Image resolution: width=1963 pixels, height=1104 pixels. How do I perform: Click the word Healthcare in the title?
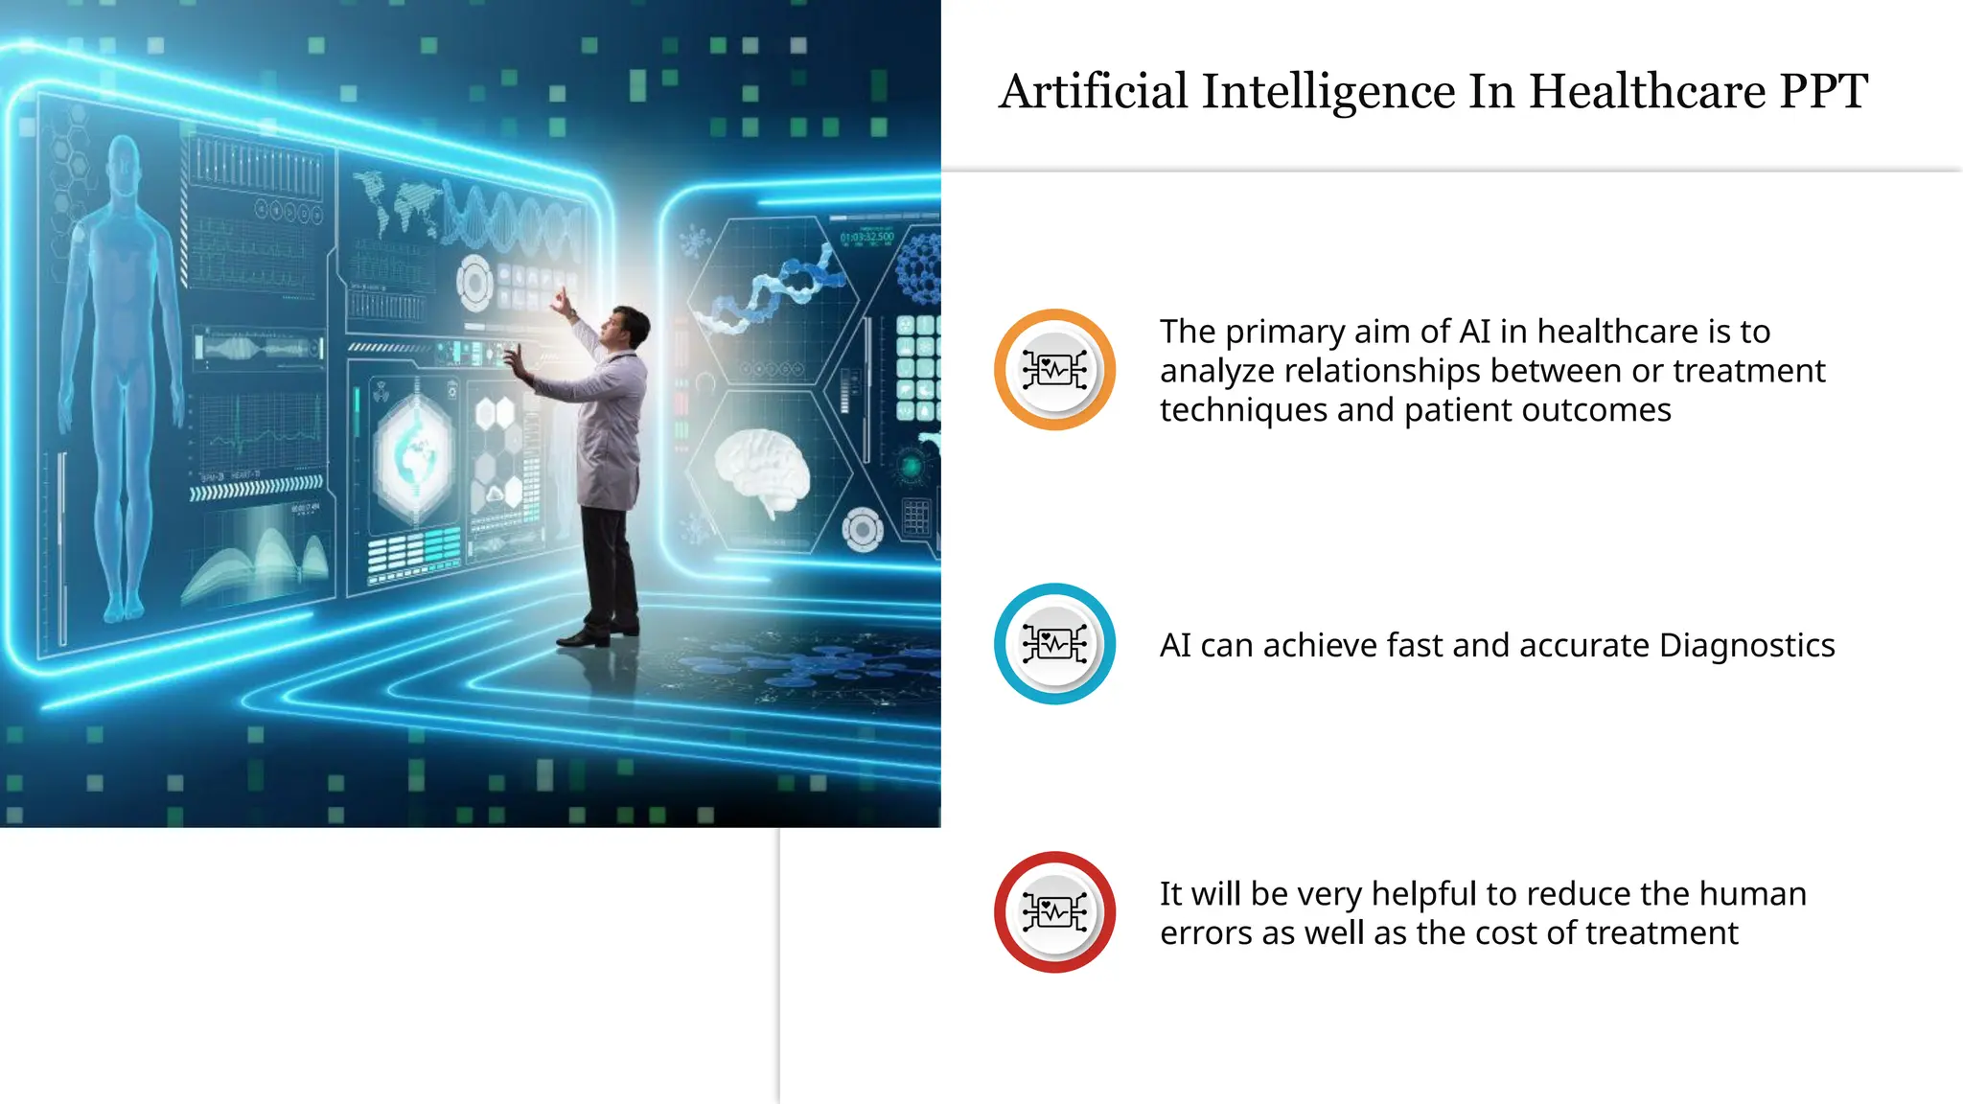click(x=1647, y=92)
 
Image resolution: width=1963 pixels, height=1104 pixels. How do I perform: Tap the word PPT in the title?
click(x=1823, y=92)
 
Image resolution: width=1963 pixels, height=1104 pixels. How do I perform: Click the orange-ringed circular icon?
click(x=1054, y=370)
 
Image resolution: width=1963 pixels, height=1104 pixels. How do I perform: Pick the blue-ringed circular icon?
click(x=1054, y=644)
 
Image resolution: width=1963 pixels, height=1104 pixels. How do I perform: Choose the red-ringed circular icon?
click(x=1054, y=912)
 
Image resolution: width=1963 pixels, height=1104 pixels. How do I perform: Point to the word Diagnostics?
click(x=1746, y=646)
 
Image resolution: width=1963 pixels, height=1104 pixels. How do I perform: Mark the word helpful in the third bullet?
click(x=1423, y=894)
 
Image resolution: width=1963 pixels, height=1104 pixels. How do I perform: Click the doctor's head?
click(x=629, y=326)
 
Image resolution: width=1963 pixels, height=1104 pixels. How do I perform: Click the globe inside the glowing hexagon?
click(x=414, y=456)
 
